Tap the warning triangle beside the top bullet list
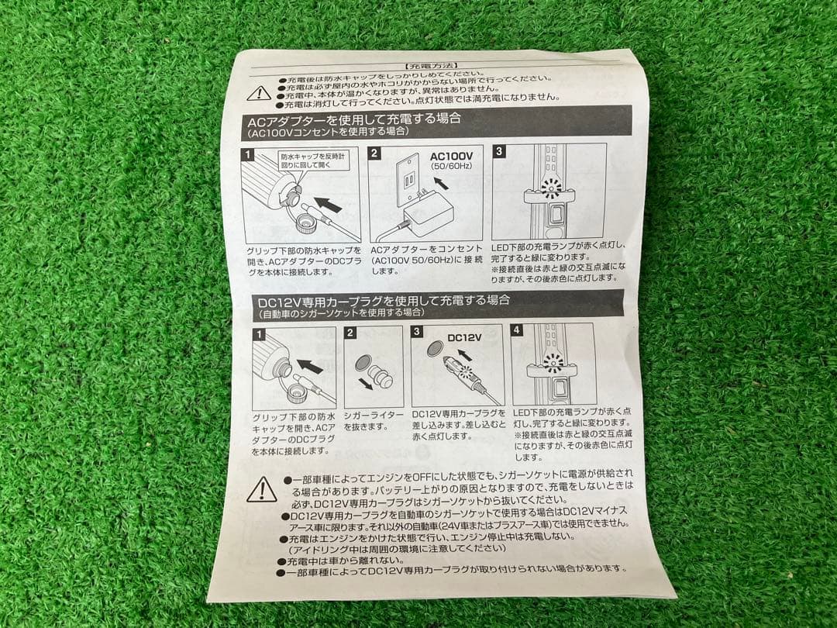259,94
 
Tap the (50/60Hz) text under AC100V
451,167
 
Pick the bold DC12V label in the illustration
465,337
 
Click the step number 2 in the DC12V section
350,333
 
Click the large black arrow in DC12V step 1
310,365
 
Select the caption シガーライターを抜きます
373,421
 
